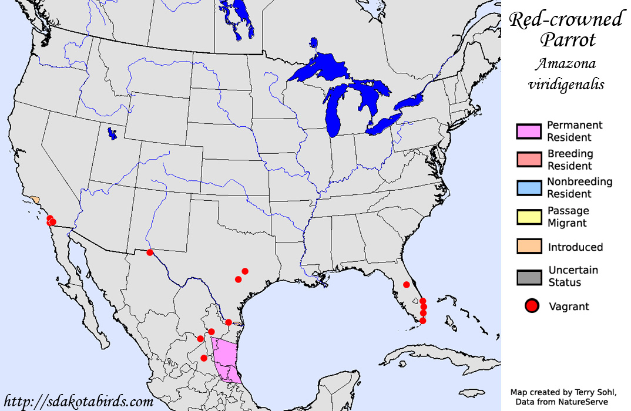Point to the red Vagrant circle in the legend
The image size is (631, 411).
(x=532, y=306)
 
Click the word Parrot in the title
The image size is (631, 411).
(x=568, y=40)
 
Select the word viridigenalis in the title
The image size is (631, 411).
(x=566, y=84)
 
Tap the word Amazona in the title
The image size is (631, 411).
(x=566, y=63)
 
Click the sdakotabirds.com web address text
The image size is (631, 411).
(x=78, y=402)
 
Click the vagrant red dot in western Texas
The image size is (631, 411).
(x=150, y=252)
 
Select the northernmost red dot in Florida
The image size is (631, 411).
(x=406, y=285)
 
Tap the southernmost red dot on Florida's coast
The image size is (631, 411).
(x=423, y=321)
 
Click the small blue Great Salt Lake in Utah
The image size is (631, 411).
(x=112, y=134)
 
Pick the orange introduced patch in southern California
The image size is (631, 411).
(x=36, y=200)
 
